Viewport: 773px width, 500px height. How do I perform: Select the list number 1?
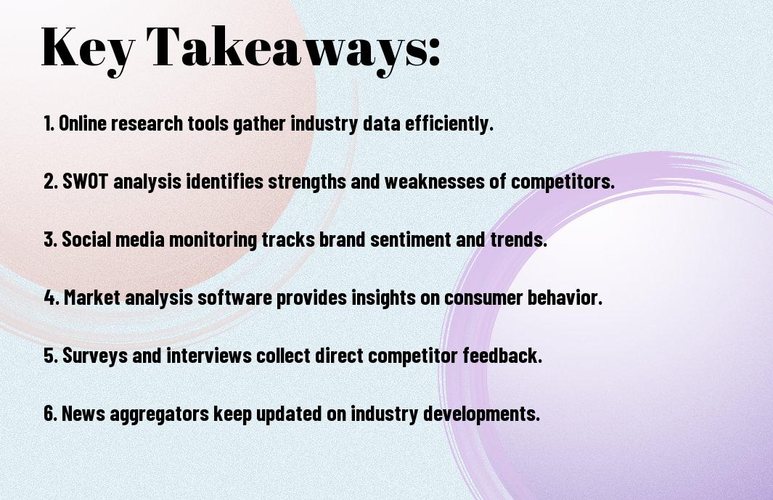(49, 123)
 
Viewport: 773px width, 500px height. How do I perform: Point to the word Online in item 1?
(82, 123)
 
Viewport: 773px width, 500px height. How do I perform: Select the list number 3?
(50, 239)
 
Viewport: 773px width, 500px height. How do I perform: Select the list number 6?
(51, 413)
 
